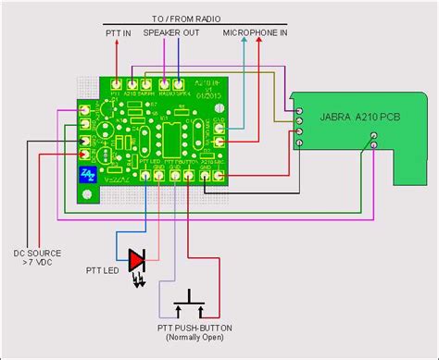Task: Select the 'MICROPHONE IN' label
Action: [x=256, y=33]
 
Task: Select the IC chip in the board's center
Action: [x=172, y=134]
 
